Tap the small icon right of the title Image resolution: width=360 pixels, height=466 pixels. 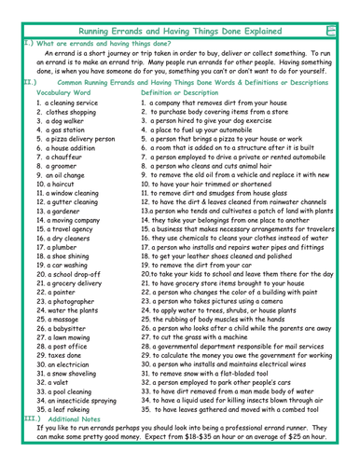[x=350, y=8]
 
